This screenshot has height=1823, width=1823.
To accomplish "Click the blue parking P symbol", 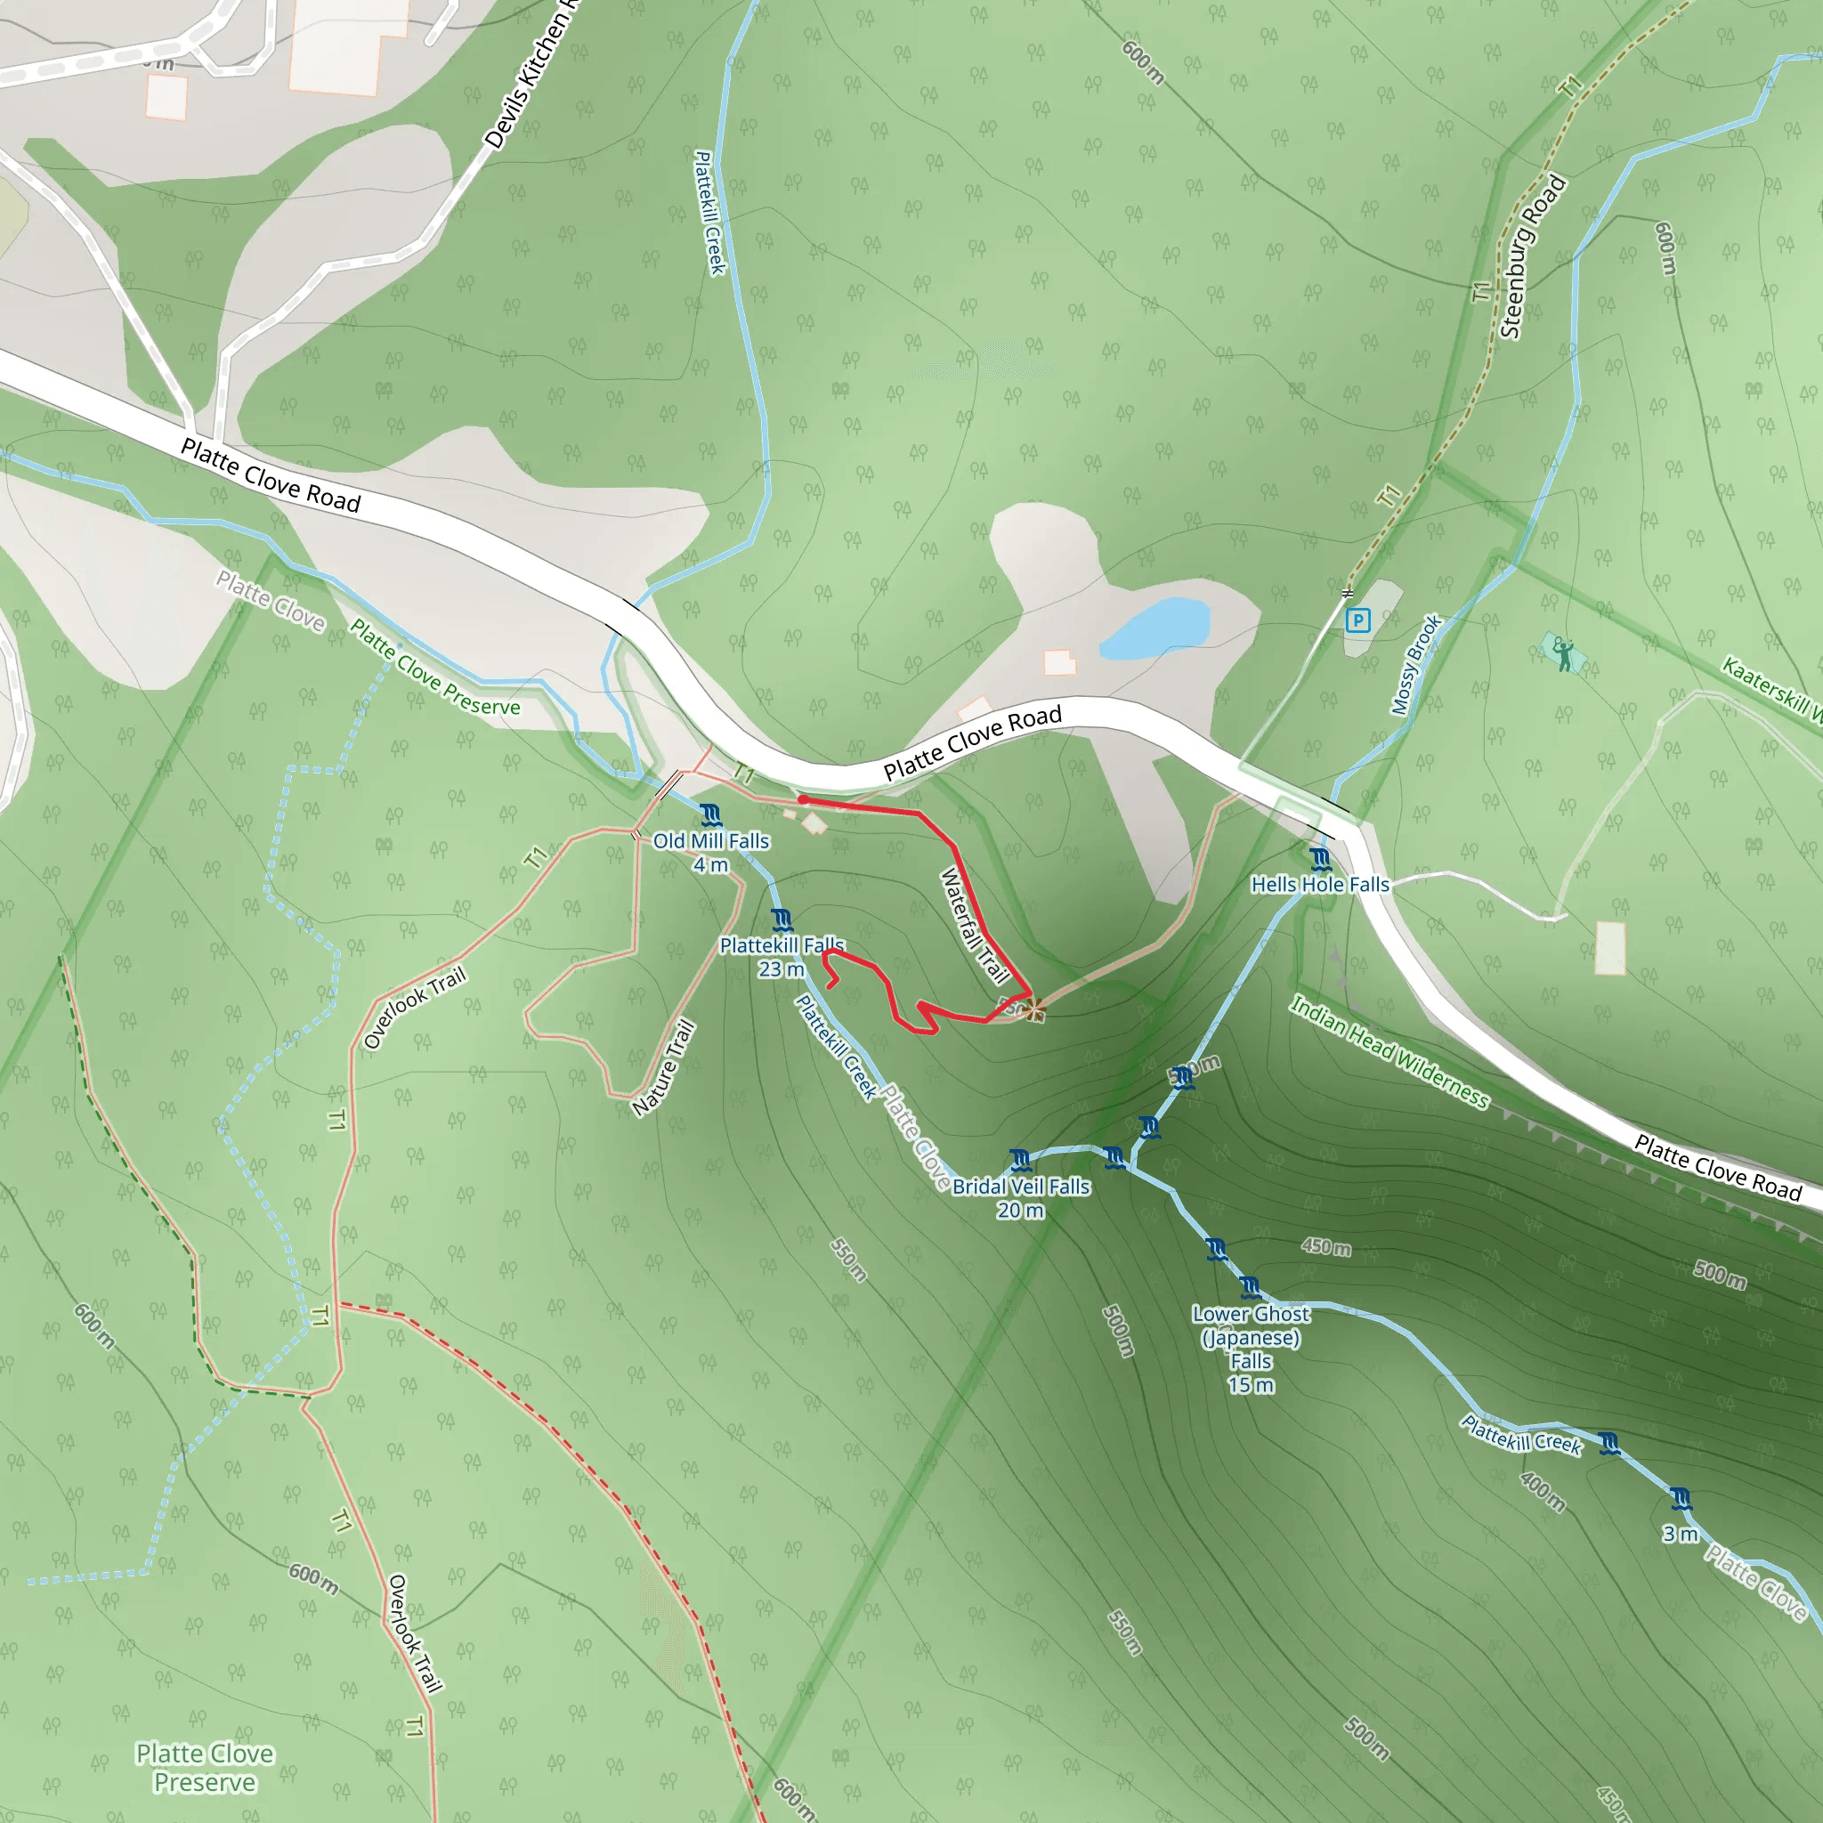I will click(x=1357, y=620).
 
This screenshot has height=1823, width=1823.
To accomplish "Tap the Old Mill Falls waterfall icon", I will click(x=710, y=814).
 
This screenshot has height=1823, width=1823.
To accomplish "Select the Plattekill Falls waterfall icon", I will click(x=782, y=919).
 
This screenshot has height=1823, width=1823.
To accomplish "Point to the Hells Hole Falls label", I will click(x=1320, y=884).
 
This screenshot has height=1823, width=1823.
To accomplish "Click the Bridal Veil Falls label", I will click(x=1021, y=1186).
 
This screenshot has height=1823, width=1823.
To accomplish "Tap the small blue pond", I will click(x=1155, y=628).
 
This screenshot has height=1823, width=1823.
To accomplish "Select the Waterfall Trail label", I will click(x=976, y=927).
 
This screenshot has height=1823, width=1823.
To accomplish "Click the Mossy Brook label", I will click(x=1415, y=665).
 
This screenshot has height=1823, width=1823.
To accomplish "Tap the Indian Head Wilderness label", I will click(x=1389, y=1052).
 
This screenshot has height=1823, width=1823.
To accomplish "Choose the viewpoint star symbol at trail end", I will click(x=1034, y=1010).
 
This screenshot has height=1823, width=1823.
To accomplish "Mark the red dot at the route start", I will click(x=802, y=799).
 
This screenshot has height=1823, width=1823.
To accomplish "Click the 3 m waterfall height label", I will click(x=1680, y=1535).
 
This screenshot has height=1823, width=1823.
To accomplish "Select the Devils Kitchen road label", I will click(x=531, y=76).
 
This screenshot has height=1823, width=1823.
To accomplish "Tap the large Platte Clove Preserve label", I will click(x=205, y=1767).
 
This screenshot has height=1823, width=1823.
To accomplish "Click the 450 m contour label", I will click(x=1325, y=1246).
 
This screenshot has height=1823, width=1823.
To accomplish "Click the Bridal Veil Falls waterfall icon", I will click(x=1020, y=1159).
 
